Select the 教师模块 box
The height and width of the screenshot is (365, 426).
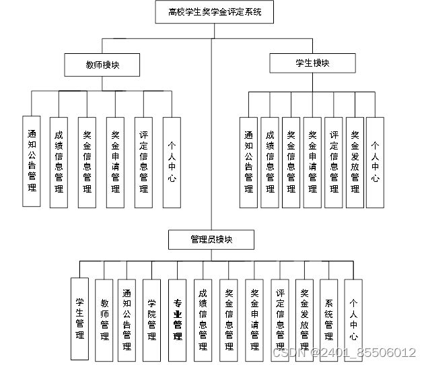point(102,65)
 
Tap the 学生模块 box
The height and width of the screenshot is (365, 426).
point(312,63)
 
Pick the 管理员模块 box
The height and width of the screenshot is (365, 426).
point(211,240)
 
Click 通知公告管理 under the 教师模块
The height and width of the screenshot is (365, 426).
point(32,161)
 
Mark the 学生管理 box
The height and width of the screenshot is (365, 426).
point(79,318)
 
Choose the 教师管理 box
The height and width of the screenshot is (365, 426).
point(104,318)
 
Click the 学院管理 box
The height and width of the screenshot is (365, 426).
point(152,318)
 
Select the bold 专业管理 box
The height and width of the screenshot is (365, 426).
point(178,318)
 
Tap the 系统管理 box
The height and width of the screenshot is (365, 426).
point(328,318)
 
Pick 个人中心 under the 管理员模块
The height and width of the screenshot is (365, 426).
point(353,318)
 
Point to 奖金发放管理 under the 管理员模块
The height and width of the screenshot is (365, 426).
point(304,318)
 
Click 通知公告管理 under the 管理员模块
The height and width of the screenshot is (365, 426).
point(127,318)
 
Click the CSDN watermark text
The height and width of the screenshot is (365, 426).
point(343,352)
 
